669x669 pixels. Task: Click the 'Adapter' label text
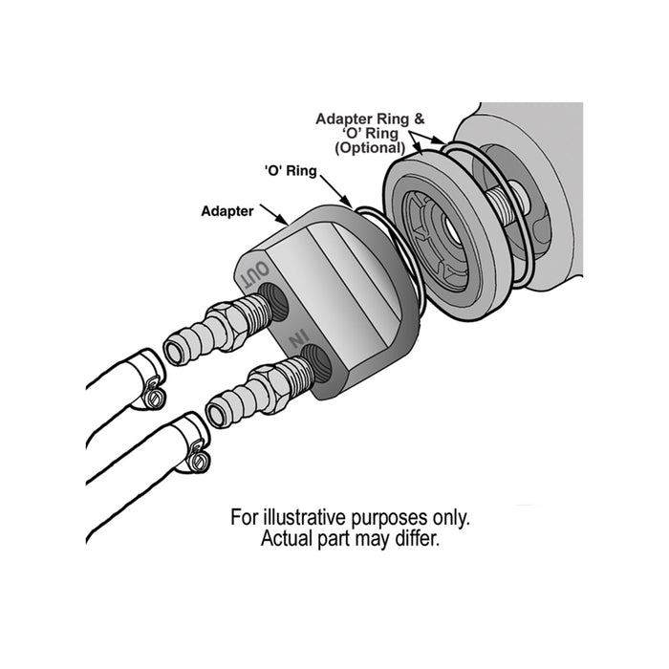click(x=227, y=211)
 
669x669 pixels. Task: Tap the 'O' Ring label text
click(x=291, y=171)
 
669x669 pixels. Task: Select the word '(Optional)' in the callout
click(x=370, y=148)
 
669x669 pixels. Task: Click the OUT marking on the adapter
click(x=254, y=274)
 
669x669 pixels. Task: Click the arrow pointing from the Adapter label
click(x=274, y=215)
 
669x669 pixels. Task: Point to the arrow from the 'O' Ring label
click(x=336, y=191)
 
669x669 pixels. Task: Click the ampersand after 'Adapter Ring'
click(x=419, y=119)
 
